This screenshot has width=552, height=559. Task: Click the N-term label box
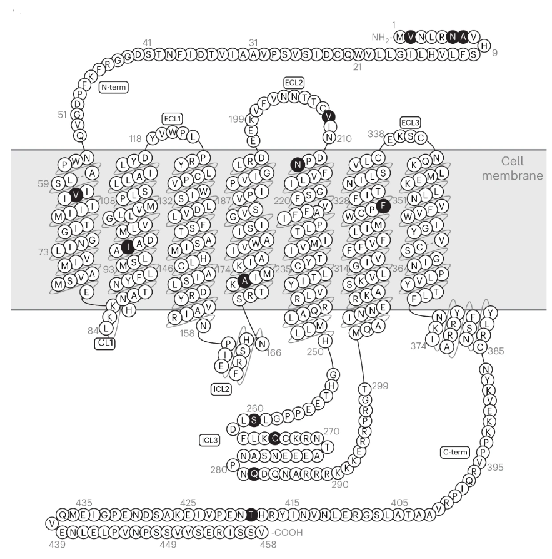click(113, 88)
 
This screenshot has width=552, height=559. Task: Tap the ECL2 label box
click(293, 82)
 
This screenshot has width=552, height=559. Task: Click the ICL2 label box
click(222, 389)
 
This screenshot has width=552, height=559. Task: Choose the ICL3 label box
click(209, 439)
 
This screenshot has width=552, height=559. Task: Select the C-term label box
click(455, 451)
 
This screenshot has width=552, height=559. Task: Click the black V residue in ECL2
click(328, 116)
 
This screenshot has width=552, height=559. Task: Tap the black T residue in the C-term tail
click(251, 514)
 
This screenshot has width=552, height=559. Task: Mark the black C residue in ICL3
click(274, 438)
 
